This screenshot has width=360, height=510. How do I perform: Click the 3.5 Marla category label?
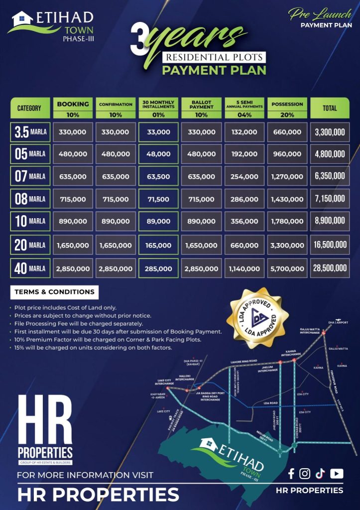pos(30,132)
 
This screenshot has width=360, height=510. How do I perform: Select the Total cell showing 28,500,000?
pos(330,268)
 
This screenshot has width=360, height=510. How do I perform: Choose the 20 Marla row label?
pos(30,245)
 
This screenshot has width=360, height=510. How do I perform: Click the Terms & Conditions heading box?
pos(54,292)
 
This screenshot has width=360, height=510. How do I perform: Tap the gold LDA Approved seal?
pos(258,319)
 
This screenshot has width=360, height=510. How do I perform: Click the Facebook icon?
pos(291,474)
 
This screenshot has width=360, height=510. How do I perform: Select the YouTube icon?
pos(337,474)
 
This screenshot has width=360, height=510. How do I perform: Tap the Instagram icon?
pos(305,474)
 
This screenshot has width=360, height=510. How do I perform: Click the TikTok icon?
pos(320,474)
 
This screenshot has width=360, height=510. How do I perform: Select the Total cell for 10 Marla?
pos(330,221)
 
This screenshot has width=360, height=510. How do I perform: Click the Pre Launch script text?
pos(319,15)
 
